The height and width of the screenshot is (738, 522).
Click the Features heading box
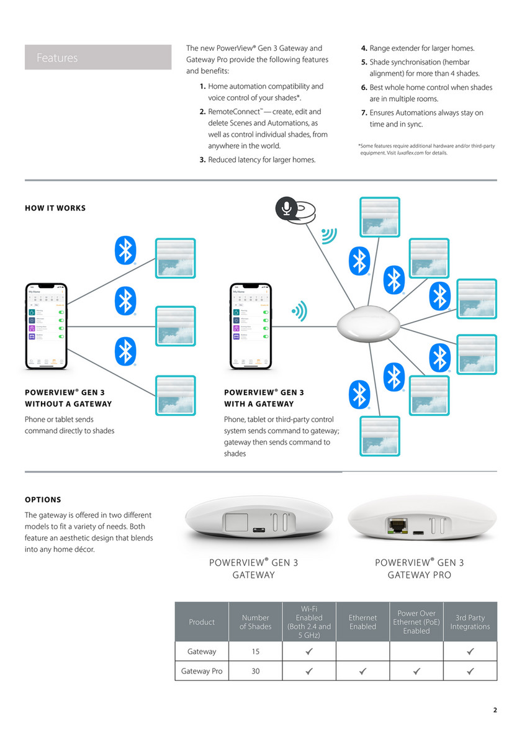(98, 57)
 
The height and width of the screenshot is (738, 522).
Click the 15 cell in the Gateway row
(255, 652)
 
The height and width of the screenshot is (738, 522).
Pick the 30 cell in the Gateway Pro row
(255, 671)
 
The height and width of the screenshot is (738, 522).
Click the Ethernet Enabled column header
(362, 622)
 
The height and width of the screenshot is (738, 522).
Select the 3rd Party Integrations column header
(470, 622)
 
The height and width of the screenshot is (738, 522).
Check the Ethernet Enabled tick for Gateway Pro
(362, 671)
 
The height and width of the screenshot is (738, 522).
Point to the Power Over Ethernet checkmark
(416, 671)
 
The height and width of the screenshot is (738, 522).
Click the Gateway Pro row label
(202, 671)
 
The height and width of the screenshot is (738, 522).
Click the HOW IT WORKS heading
(55, 208)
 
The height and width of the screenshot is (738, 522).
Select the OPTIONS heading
(43, 500)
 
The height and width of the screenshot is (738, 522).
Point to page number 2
(495, 710)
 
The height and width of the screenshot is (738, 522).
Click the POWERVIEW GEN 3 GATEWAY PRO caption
(419, 569)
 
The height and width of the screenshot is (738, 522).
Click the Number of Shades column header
(255, 622)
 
